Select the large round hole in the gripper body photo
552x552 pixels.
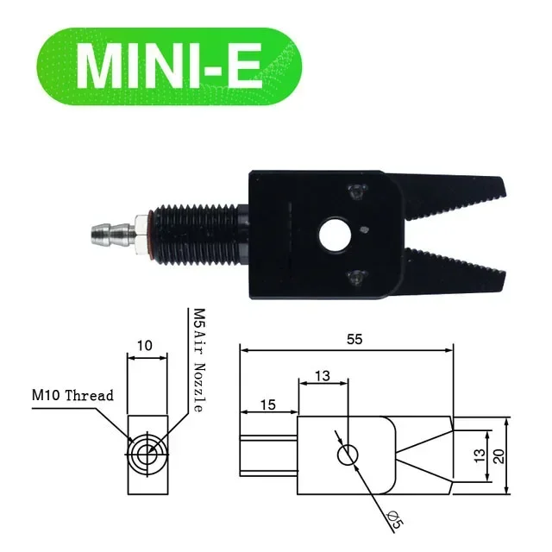point(330,235)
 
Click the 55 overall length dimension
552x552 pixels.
point(354,340)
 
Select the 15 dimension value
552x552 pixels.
point(267,404)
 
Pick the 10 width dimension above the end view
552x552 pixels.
point(144,346)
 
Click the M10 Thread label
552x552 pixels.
point(72,395)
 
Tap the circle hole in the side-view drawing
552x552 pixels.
point(347,455)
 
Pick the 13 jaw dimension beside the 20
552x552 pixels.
point(480,455)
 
